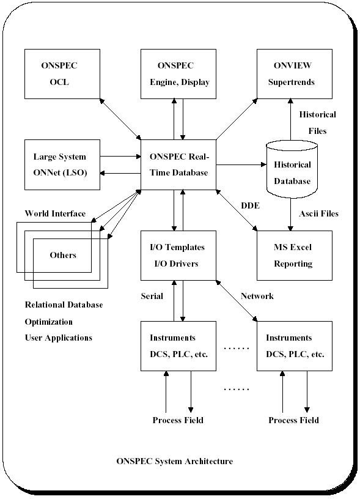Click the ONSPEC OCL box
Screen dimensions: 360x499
(62, 74)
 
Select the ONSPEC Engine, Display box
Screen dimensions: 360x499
(178, 74)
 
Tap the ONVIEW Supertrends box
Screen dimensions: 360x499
(295, 74)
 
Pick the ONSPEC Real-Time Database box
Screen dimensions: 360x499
(178, 165)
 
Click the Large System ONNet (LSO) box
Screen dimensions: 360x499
(62, 165)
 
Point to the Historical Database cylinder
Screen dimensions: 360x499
(292, 169)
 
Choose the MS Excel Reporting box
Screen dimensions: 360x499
(295, 256)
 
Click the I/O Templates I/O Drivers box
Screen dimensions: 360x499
(178, 256)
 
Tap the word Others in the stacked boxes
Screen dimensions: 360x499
(63, 255)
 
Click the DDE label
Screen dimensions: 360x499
(250, 205)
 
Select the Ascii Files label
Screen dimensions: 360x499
(318, 213)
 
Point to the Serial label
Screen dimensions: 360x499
(152, 296)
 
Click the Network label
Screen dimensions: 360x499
(257, 296)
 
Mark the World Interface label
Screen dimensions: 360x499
(56, 213)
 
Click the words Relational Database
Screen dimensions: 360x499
(64, 305)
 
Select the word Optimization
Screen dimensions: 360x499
(49, 322)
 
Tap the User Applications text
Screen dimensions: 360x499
(59, 338)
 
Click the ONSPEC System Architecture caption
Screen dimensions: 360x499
(175, 461)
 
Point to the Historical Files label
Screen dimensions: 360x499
(318, 122)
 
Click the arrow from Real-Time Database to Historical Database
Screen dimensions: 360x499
(241, 164)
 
